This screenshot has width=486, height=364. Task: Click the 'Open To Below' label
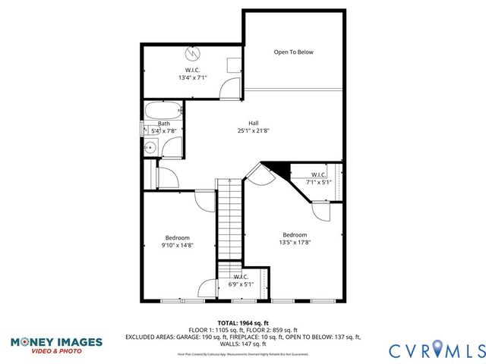tap(293, 52)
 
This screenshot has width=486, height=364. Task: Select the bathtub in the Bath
tap(163, 110)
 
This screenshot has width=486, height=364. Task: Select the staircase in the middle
tap(229, 220)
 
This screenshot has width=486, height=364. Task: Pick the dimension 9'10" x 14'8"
tap(178, 245)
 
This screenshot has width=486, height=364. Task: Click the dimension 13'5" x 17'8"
tap(296, 243)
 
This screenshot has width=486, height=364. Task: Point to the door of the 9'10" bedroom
tap(205, 199)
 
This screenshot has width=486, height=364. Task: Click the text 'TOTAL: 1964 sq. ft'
tap(243, 322)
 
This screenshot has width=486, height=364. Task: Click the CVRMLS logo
tap(436, 350)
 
